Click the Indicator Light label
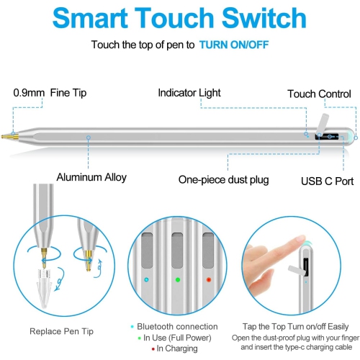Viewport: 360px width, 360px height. click(192, 93)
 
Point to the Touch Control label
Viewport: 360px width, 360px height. click(319, 94)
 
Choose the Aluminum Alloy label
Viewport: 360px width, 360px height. click(92, 176)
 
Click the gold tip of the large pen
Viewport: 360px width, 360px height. click(8, 135)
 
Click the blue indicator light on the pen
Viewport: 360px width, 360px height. click(147, 279)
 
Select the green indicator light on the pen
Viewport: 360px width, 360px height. click(177, 279)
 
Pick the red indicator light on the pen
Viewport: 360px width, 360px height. click(208, 279)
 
